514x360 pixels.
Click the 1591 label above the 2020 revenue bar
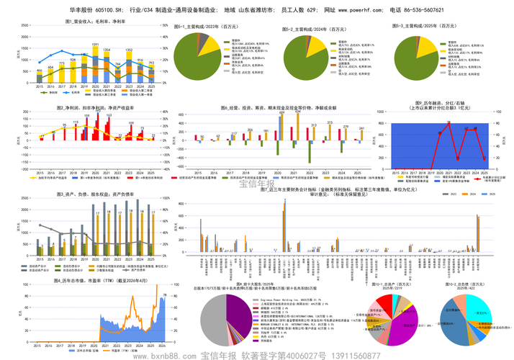pos(95,45)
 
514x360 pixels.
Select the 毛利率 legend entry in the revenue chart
pos(76,92)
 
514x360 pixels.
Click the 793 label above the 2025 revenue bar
pos(151,63)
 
